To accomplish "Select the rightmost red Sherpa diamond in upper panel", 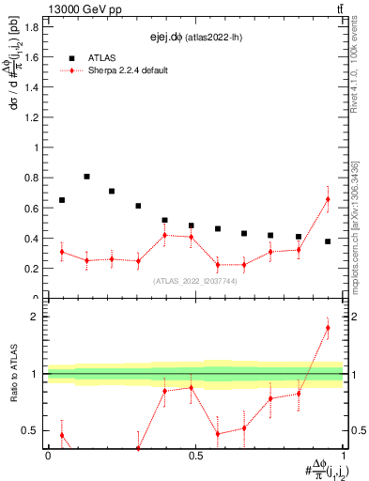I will [328, 199].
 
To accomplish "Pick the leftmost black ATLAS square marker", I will [62, 200].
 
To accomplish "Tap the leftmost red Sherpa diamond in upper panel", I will [62, 252].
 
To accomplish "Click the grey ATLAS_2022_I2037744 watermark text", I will [194, 281].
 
